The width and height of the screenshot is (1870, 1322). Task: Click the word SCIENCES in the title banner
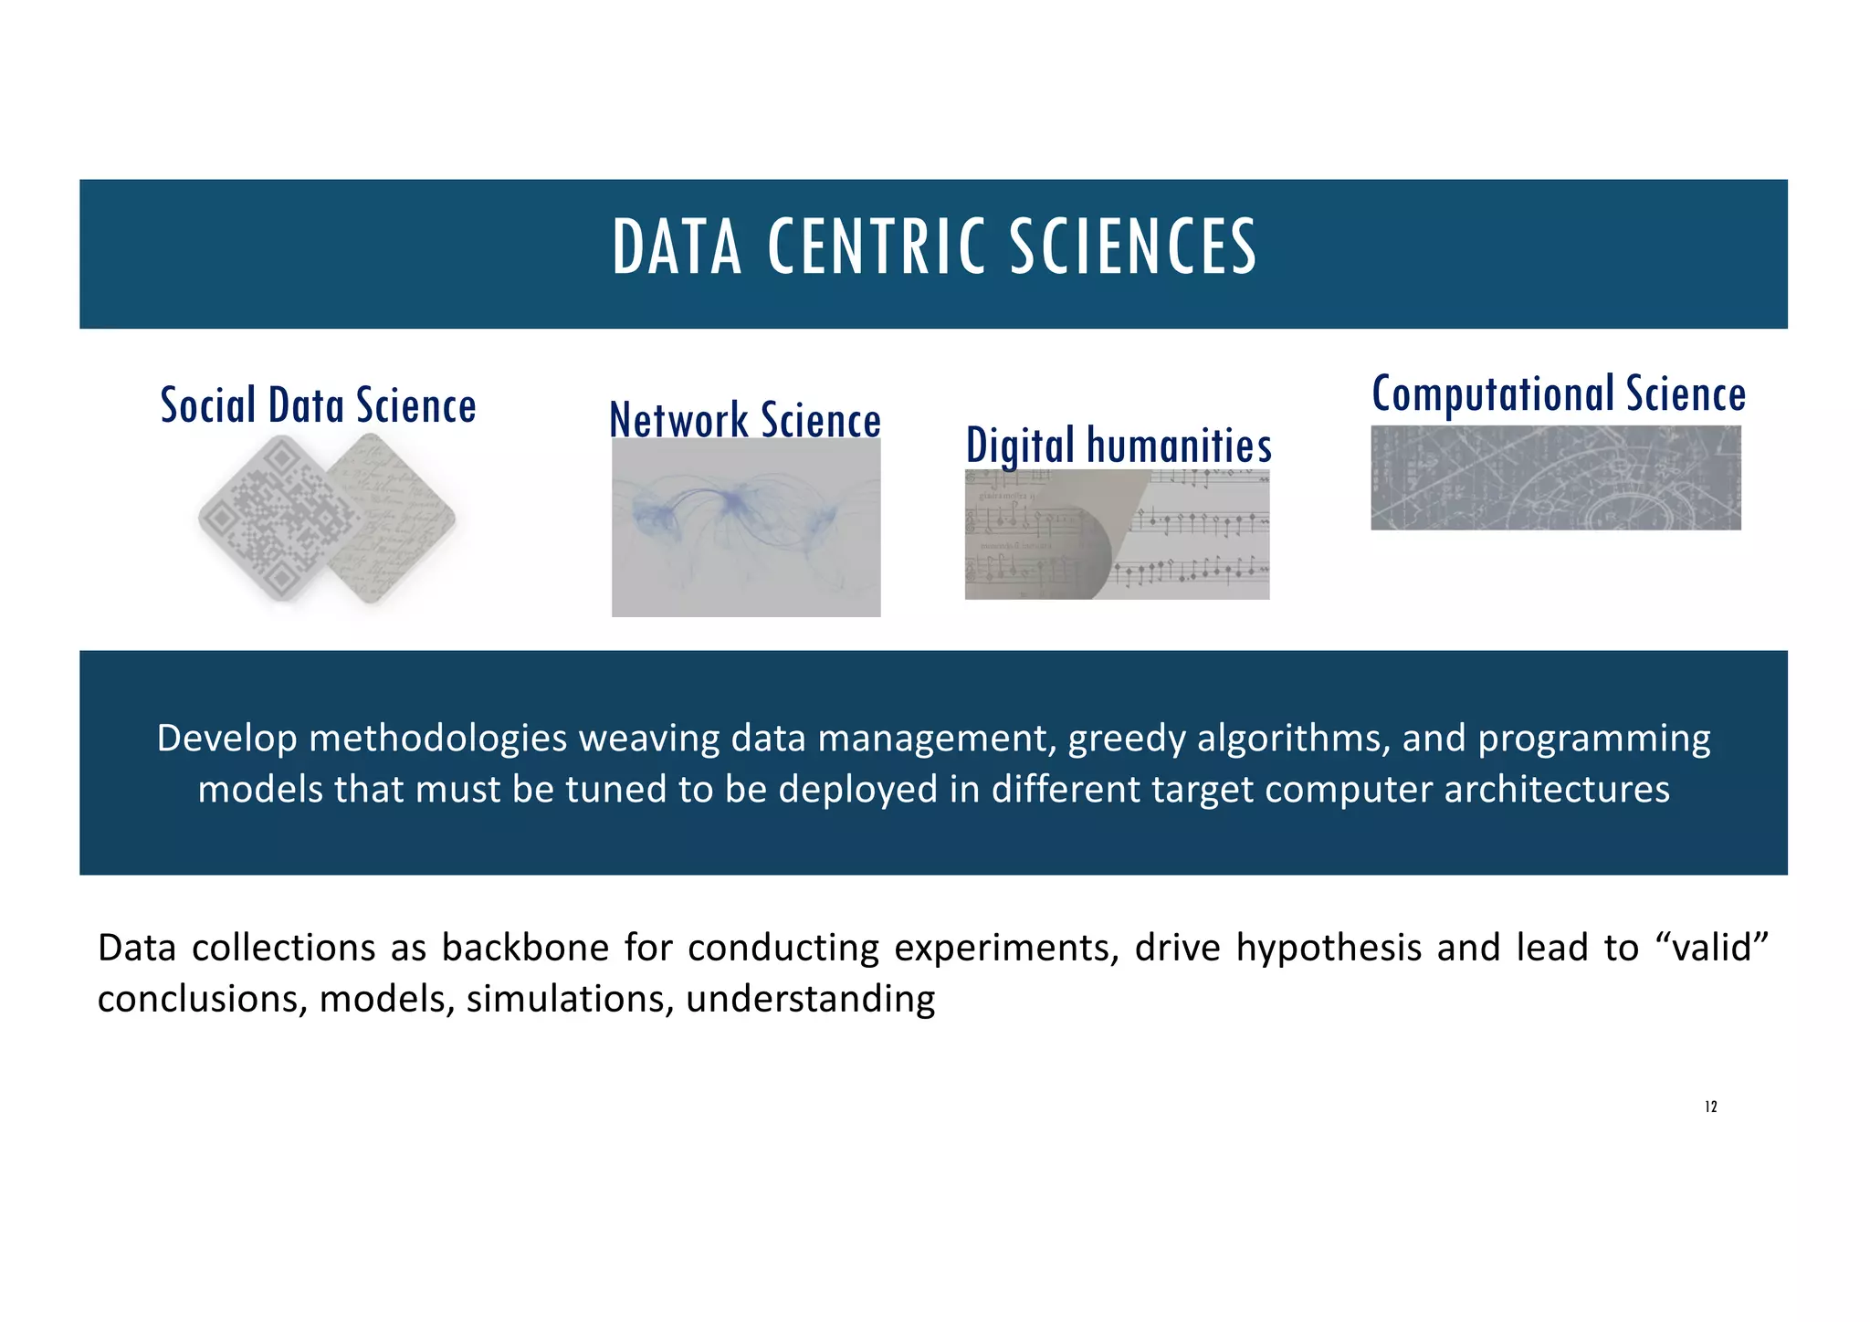[x=1132, y=247]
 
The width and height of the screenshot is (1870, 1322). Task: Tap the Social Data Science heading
[x=318, y=406]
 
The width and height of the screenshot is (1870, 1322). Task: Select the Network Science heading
[x=745, y=421]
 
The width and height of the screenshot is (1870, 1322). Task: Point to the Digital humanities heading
[x=1119, y=446]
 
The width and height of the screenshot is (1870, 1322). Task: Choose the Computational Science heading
[x=1559, y=394]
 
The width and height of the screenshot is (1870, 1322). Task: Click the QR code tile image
[x=274, y=519]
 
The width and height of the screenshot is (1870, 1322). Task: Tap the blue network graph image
[x=745, y=528]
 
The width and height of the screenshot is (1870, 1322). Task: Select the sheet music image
[x=1117, y=535]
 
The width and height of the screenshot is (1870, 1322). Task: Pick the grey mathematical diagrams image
[x=1555, y=477]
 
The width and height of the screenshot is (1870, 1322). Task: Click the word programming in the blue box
[x=1594, y=739]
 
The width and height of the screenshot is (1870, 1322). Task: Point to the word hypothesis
[x=1329, y=949]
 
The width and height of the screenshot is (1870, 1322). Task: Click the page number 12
[x=1710, y=1107]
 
